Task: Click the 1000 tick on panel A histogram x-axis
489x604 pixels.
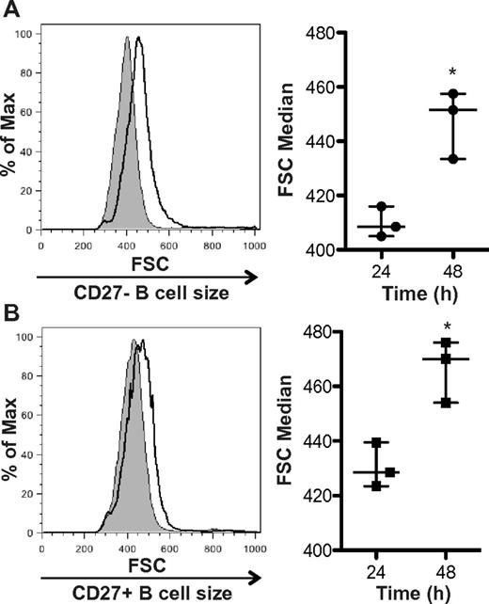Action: point(249,245)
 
